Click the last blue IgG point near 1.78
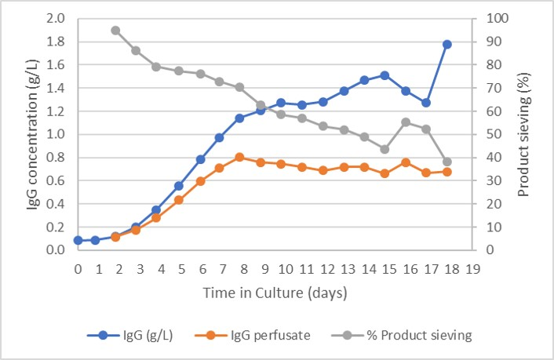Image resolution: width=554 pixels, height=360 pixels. [446, 44]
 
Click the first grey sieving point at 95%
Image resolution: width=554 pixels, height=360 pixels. [115, 31]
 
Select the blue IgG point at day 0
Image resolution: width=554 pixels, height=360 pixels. [78, 240]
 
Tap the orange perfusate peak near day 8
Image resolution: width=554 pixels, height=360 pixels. [239, 157]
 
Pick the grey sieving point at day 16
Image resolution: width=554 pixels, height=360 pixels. [406, 122]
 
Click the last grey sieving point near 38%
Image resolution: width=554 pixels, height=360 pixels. [446, 162]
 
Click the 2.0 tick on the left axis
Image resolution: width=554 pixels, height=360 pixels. [55, 18]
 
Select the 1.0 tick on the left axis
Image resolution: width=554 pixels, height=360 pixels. [55, 134]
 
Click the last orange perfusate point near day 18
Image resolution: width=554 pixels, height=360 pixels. [446, 171]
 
